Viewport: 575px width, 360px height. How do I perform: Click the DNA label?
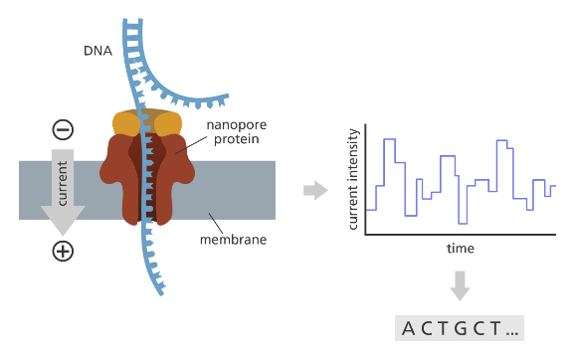(x=97, y=51)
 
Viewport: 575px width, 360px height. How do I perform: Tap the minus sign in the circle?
(x=63, y=129)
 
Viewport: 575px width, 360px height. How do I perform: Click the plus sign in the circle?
(x=63, y=252)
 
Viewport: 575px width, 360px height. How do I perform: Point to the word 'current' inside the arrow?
(x=63, y=183)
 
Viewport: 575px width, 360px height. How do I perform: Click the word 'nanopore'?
(x=237, y=125)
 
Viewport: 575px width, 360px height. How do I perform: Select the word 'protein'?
(x=237, y=139)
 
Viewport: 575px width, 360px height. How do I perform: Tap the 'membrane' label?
(x=233, y=240)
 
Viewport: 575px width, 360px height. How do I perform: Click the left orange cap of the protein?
(x=126, y=123)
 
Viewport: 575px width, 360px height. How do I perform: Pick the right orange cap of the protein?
(x=168, y=123)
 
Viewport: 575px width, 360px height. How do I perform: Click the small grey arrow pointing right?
(x=315, y=190)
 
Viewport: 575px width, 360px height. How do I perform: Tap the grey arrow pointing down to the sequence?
(x=460, y=286)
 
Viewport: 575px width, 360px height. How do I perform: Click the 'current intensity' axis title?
(x=353, y=179)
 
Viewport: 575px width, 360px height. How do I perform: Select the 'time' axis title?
(x=461, y=249)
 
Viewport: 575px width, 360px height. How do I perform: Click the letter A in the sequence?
(x=408, y=328)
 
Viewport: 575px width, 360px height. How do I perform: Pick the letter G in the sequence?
(x=461, y=328)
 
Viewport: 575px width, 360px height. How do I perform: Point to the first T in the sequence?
(x=443, y=328)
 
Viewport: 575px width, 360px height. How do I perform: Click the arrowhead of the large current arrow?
(x=63, y=219)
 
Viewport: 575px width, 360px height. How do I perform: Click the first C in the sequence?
(x=427, y=328)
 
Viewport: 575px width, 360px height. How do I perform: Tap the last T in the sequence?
(x=495, y=328)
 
